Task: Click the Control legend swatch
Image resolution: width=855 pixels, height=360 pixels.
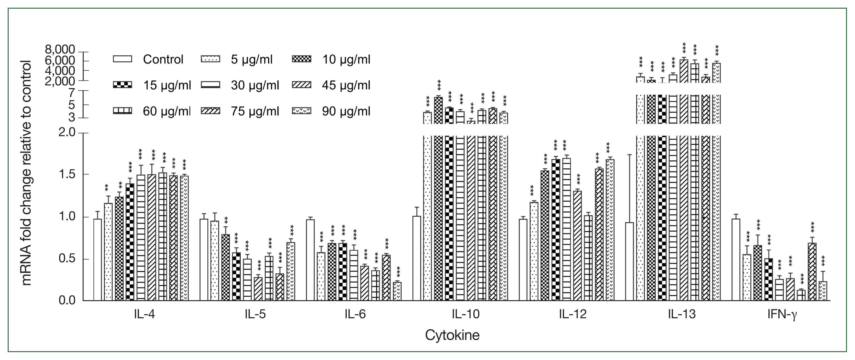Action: [x=122, y=59]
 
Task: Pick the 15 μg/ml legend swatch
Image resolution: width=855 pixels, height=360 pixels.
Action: [x=122, y=85]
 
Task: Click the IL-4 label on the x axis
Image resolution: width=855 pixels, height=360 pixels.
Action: [x=144, y=314]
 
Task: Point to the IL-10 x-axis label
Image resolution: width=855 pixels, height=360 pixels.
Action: [x=465, y=314]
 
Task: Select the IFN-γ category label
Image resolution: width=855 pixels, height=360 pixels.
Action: [x=782, y=314]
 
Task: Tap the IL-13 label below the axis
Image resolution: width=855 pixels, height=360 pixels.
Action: [x=682, y=314]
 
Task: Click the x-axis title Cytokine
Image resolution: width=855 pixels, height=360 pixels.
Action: [x=452, y=335]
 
